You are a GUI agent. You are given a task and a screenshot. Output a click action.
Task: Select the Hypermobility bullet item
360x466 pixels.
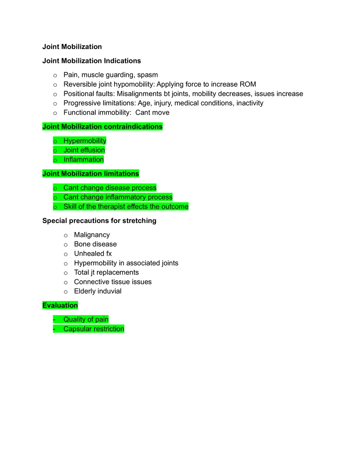click(x=85, y=141)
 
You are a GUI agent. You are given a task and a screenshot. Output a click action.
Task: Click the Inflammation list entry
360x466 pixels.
click(x=84, y=160)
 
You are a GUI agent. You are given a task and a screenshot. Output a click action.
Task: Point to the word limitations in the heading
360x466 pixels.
click(x=121, y=174)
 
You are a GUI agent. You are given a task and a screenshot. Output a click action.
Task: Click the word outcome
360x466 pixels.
click(x=175, y=207)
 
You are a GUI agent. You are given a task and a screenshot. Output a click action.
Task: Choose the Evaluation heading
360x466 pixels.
click(x=60, y=305)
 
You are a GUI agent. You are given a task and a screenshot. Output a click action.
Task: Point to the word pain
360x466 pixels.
click(x=102, y=320)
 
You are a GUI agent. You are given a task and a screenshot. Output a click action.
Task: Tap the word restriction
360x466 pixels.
click(x=109, y=329)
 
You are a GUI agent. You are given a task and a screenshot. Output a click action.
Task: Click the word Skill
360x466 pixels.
click(x=70, y=207)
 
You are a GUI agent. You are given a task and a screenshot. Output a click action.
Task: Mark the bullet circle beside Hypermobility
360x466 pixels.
click(x=55, y=142)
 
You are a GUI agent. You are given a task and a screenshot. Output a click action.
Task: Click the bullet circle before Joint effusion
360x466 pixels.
click(x=55, y=151)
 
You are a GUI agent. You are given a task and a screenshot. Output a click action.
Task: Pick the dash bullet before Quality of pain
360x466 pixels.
click(x=54, y=320)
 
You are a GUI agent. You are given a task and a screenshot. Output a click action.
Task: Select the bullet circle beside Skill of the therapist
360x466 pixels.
click(x=55, y=207)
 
